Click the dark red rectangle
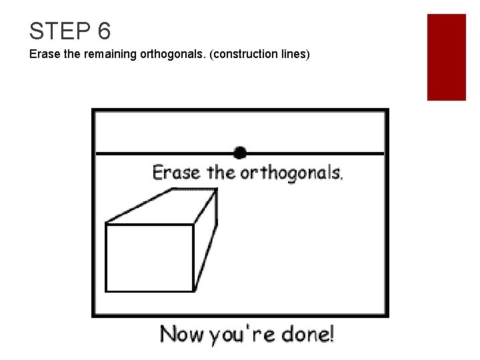pos(446,57)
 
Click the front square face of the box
pos(149,257)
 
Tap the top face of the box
pos(164,206)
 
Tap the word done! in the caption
pos(305,333)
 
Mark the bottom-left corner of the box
pos(107,291)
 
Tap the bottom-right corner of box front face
pos(193,291)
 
